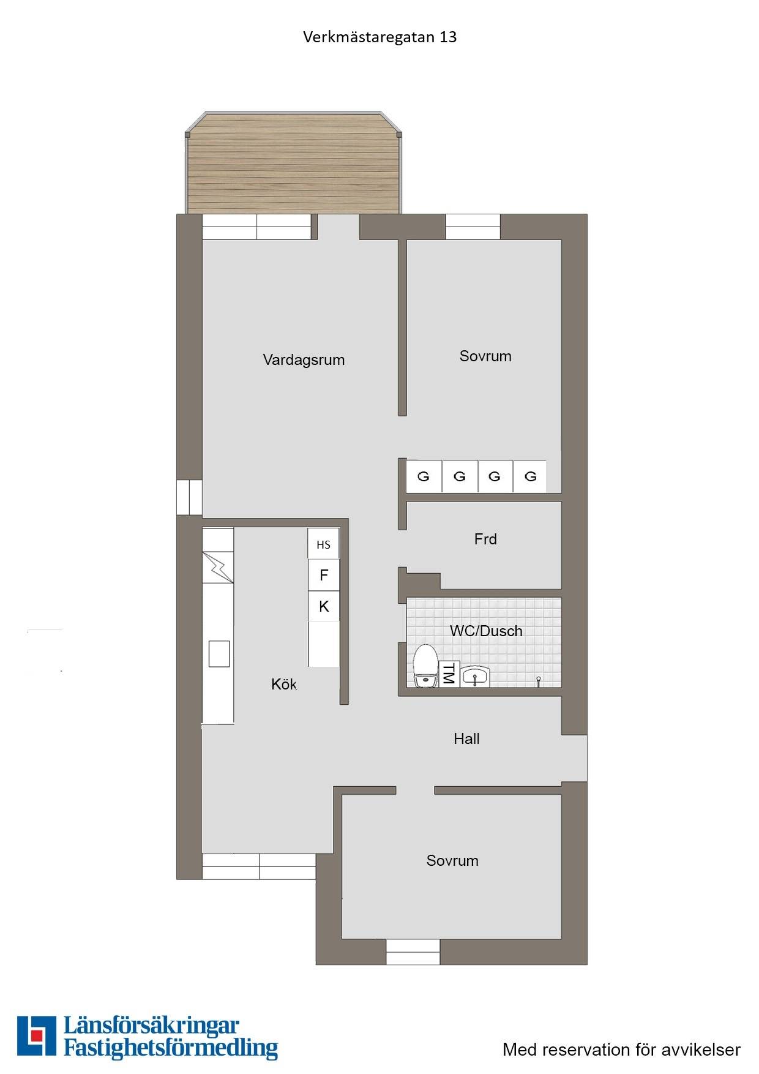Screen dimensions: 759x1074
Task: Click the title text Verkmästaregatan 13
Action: click(379, 37)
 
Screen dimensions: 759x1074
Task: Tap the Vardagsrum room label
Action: click(304, 360)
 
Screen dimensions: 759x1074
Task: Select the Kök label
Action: click(284, 684)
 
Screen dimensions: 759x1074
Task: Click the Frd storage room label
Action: click(485, 539)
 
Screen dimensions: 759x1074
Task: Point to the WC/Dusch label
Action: click(486, 631)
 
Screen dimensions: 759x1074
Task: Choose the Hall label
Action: click(466, 739)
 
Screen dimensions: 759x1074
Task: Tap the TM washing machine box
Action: click(449, 674)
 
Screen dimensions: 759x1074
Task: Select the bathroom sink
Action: click(475, 677)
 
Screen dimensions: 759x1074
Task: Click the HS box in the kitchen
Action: click(323, 544)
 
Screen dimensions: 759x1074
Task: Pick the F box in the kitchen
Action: click(324, 575)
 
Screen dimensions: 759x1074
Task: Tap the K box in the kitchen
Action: click(324, 606)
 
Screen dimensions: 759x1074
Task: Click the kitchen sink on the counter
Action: click(219, 653)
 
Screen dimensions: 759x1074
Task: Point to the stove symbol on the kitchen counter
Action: click(218, 567)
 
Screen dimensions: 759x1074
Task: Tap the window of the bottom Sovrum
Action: click(413, 952)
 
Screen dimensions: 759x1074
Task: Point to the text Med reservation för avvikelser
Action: click(621, 1050)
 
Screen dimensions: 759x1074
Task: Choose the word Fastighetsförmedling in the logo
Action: click(171, 1048)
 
